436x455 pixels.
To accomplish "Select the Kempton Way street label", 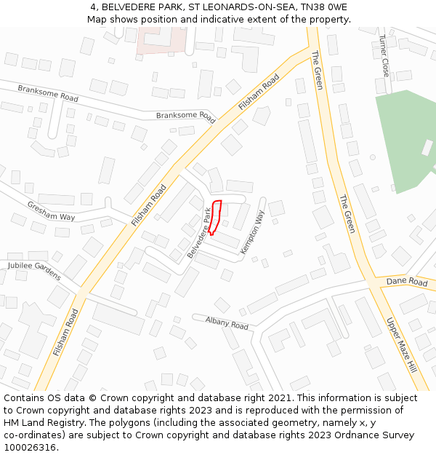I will pos(252,232).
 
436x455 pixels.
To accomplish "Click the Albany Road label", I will pos(227,323).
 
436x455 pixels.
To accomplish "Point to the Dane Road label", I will pos(407,282).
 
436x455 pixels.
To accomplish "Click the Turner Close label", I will pos(384,57).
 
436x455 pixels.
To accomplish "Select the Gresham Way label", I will pos(52,212).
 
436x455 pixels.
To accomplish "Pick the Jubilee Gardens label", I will pos(35,271).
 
